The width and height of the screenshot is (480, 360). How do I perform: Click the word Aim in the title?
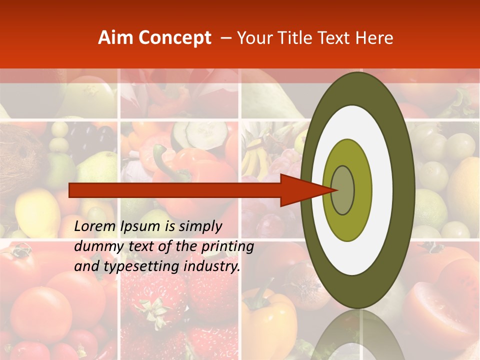pos(115,38)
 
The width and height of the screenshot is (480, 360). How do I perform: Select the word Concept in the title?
pos(174,38)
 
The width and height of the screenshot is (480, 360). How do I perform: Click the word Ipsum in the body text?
pos(142,226)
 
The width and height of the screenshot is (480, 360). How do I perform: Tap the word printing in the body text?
pos(227,246)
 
